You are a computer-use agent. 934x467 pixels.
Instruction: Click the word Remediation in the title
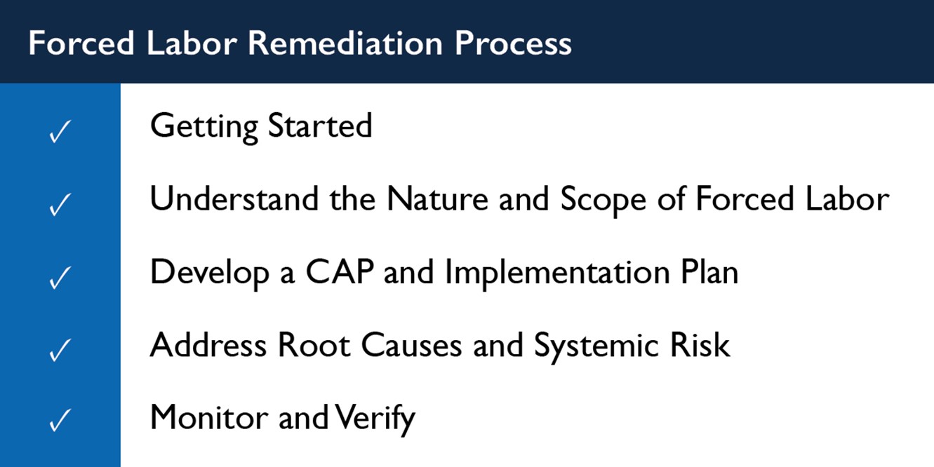click(345, 43)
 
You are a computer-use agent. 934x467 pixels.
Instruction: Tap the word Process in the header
click(513, 43)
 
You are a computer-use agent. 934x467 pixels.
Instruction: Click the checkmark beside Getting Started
click(60, 132)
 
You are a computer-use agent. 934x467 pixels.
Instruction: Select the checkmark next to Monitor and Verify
click(60, 420)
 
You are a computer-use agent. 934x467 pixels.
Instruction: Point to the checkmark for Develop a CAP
click(60, 278)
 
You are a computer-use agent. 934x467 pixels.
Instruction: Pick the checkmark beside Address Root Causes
click(60, 351)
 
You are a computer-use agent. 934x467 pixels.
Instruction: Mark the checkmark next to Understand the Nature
click(60, 205)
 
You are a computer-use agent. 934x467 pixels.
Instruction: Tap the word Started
click(320, 125)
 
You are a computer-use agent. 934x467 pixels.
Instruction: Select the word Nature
click(437, 198)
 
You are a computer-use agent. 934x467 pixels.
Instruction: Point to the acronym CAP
click(340, 272)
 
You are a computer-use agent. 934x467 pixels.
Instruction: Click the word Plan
click(709, 272)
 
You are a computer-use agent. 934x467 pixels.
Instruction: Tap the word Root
click(314, 345)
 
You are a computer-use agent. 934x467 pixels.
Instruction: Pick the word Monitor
click(209, 417)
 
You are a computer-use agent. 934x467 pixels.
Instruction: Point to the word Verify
click(375, 419)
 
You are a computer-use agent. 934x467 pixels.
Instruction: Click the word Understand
click(234, 198)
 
